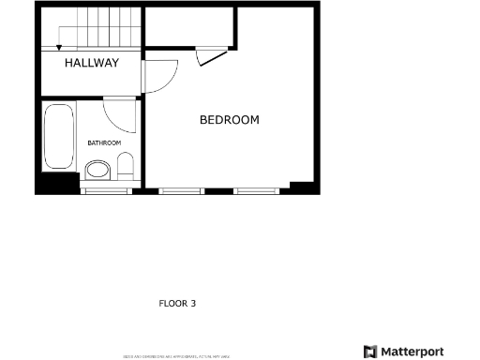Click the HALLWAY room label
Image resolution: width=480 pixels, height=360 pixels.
[x=91, y=64]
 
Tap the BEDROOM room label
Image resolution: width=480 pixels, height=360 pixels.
[x=229, y=120]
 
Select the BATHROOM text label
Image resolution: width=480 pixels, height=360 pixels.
[x=104, y=142]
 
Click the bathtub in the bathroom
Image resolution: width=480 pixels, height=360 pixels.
[x=58, y=137]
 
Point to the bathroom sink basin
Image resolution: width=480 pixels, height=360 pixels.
[x=97, y=171]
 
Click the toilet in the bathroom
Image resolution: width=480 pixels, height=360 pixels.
[x=125, y=170]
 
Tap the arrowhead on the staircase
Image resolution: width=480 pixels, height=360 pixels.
[x=59, y=44]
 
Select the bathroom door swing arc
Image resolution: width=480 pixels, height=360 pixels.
[x=119, y=114]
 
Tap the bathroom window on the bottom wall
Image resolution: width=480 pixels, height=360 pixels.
[x=106, y=190]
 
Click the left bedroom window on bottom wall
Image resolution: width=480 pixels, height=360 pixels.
[x=181, y=190]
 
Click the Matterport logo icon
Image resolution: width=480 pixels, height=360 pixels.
[x=370, y=352]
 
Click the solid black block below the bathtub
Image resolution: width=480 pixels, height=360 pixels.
[x=55, y=184]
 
